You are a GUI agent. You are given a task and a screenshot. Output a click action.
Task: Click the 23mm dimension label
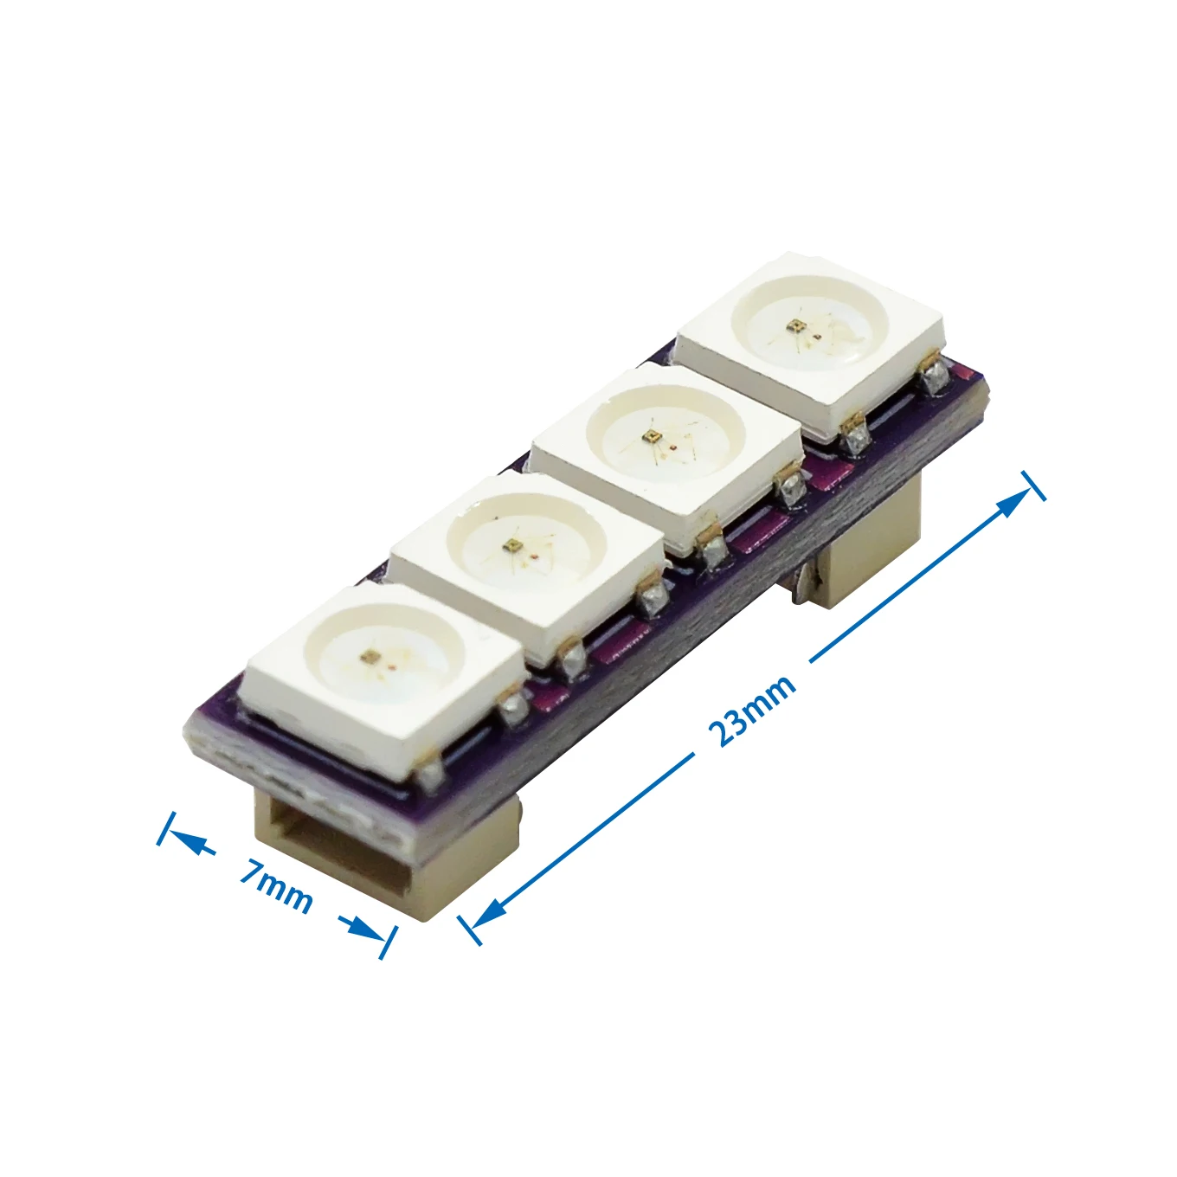[x=751, y=710]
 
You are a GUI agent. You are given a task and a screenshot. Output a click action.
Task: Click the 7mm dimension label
[x=276, y=884]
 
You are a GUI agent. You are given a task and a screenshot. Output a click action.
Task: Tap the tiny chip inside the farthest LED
[x=794, y=325]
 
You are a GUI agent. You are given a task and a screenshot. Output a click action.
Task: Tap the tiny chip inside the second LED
[x=511, y=545]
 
